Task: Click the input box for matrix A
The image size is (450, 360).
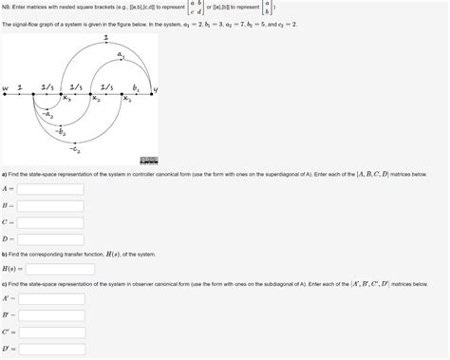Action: [x=50, y=189]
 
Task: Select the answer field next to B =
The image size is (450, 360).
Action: [x=50, y=205]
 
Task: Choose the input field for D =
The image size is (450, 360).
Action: [x=50, y=238]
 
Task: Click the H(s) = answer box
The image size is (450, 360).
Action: [x=60, y=269]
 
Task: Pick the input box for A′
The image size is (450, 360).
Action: [x=52, y=299]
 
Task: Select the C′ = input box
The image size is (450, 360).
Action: [x=52, y=332]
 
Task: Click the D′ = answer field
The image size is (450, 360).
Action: [x=52, y=349]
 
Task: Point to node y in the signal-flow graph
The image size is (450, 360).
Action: [x=155, y=91]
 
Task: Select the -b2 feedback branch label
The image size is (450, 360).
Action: [x=61, y=132]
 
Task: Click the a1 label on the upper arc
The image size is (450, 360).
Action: [x=122, y=56]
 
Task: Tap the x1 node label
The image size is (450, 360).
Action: [x=122, y=98]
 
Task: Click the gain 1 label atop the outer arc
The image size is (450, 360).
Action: [x=105, y=37]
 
